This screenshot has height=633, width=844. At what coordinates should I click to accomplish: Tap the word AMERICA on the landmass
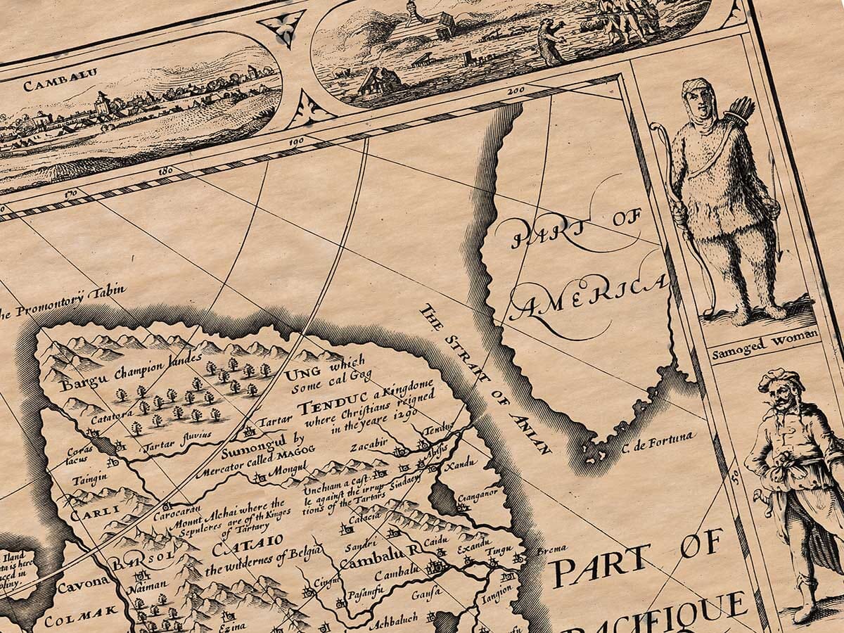(589, 297)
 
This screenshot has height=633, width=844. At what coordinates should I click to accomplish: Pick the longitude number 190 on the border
(296, 143)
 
